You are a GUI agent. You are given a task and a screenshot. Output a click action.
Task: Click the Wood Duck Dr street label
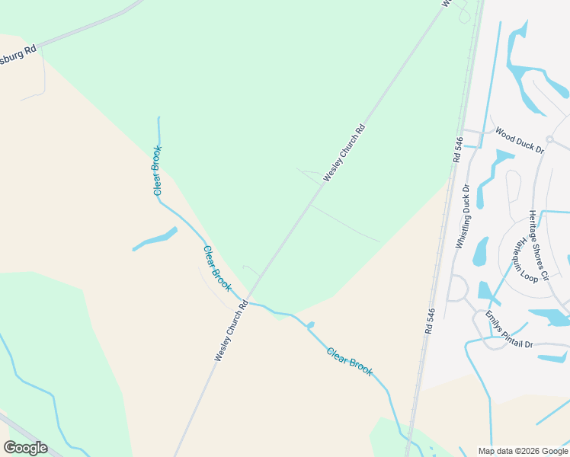(x=519, y=140)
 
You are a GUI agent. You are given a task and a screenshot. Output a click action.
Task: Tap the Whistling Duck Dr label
(x=463, y=216)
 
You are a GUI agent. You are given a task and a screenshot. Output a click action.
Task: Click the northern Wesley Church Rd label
(x=344, y=152)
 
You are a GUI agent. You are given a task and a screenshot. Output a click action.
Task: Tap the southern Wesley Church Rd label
(x=231, y=330)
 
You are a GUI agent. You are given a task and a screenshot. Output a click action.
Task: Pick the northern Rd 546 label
(x=457, y=149)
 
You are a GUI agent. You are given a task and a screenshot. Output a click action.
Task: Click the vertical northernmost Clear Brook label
(x=157, y=170)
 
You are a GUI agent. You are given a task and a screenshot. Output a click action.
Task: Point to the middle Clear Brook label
(x=217, y=268)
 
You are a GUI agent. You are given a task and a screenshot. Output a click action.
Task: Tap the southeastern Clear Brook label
(x=350, y=361)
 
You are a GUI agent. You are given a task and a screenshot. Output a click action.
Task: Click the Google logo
(x=25, y=448)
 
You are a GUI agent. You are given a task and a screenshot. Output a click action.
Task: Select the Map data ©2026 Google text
(x=523, y=451)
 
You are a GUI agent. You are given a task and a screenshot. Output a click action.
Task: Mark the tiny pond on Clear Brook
(x=310, y=325)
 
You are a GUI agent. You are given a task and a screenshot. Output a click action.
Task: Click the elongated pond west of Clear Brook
(x=155, y=239)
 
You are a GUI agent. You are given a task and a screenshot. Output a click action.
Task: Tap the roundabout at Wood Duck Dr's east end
(x=549, y=139)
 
